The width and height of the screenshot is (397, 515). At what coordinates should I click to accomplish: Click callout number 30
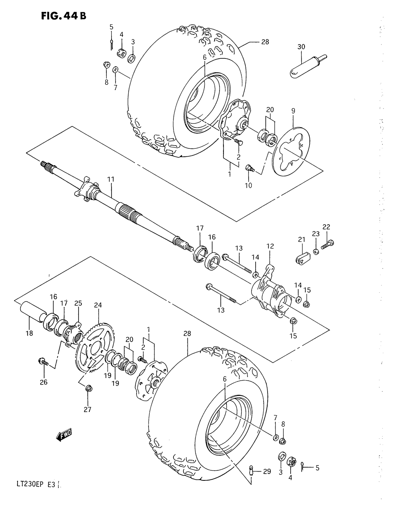(301, 47)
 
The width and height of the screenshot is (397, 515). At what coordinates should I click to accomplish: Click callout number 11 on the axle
(110, 179)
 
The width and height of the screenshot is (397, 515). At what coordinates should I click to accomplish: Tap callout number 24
(98, 305)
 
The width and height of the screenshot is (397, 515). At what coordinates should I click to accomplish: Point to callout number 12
(270, 247)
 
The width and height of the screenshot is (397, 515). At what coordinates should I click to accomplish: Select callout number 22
(326, 227)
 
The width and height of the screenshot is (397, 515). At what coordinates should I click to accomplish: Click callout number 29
(267, 471)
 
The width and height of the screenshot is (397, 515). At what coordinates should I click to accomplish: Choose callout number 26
(44, 382)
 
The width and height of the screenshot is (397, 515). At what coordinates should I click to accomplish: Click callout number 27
(87, 410)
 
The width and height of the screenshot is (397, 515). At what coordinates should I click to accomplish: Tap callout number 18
(29, 333)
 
